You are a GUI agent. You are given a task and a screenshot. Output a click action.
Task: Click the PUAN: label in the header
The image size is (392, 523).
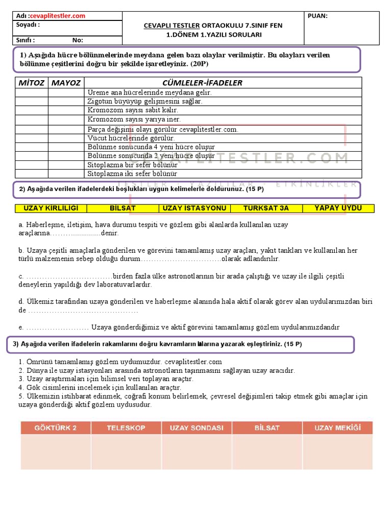pyautogui.click(x=318, y=16)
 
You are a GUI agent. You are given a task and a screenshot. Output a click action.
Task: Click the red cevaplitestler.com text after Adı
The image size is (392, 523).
pyautogui.click(x=58, y=16)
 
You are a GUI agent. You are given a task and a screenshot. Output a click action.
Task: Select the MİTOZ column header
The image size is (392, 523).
pyautogui.click(x=32, y=83)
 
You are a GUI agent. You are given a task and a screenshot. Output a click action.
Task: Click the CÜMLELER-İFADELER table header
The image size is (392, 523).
pyautogui.click(x=202, y=83)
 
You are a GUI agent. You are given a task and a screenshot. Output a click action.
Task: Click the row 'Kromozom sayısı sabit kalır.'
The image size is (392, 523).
pyautogui.click(x=133, y=110)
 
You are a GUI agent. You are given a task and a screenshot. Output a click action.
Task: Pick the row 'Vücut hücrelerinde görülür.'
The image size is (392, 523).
pyautogui.click(x=131, y=138)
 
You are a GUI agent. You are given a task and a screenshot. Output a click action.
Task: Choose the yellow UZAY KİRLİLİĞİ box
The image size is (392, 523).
pyautogui.click(x=51, y=208)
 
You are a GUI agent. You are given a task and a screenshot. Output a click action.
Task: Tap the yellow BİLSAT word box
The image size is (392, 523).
pyautogui.click(x=123, y=208)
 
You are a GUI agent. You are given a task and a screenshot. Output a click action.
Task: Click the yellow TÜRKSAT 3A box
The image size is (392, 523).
pyautogui.click(x=266, y=208)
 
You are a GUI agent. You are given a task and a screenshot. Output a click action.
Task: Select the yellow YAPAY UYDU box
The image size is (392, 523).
pyautogui.click(x=338, y=208)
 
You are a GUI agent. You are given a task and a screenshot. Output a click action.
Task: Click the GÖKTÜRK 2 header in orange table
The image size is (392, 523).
pyautogui.click(x=55, y=428)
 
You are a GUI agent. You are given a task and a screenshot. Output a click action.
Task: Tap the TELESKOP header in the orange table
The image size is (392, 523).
pyautogui.click(x=126, y=428)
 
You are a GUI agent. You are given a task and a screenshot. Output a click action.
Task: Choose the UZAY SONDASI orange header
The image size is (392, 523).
pyautogui.click(x=197, y=428)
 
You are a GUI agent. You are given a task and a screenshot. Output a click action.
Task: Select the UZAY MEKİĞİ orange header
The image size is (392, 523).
pyautogui.click(x=337, y=428)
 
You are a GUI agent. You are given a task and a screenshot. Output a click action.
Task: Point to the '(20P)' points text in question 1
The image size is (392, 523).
pyautogui.click(x=200, y=65)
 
